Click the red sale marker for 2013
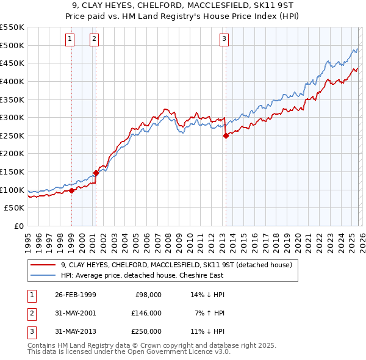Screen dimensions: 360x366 point(226,135)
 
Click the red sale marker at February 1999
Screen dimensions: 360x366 point(71,190)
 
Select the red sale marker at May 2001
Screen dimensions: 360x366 point(96,173)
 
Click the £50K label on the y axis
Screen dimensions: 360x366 point(15,208)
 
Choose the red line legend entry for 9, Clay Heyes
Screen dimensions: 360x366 point(177,265)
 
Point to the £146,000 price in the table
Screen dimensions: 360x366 point(146,312)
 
